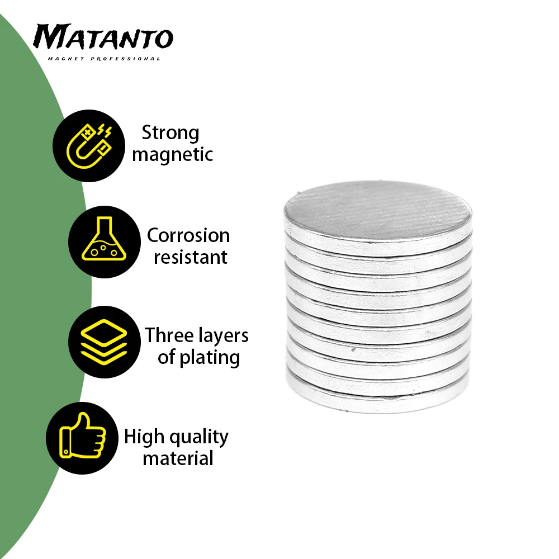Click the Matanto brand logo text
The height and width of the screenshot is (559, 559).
(x=103, y=36)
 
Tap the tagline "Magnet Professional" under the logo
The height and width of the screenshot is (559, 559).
(x=104, y=59)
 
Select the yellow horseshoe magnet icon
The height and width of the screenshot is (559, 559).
(x=89, y=146)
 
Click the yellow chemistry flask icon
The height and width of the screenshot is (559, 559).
(x=104, y=239)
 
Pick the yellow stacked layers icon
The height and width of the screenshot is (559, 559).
(x=104, y=342)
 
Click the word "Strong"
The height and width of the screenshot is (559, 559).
(x=170, y=134)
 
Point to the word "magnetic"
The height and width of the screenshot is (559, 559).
(x=173, y=155)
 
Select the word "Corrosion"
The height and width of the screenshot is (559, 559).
(x=188, y=236)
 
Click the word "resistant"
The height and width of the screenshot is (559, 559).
(x=191, y=257)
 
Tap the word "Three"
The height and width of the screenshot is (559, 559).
(x=169, y=335)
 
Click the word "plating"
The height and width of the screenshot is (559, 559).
(x=210, y=358)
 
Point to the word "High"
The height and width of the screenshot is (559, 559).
(x=144, y=437)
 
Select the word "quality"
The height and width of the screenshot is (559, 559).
(x=199, y=438)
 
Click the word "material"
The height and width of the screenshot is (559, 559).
(x=178, y=458)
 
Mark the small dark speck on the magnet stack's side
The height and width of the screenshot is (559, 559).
(x=353, y=350)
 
